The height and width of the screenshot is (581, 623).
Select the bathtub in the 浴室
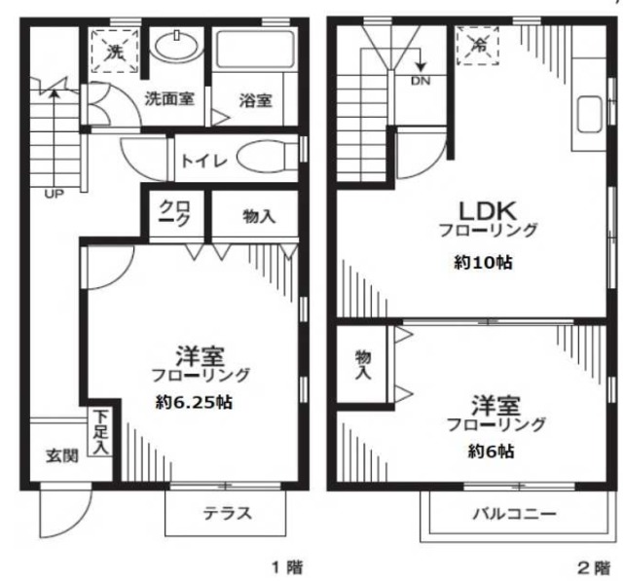coord(255,49)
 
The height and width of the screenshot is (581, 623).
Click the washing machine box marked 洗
coord(115,52)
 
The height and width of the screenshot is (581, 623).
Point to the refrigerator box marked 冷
coord(478,46)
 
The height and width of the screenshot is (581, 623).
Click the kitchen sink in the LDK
coord(589,114)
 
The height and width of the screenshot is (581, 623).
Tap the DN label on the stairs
coord(421,81)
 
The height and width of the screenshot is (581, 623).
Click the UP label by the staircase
coord(55,195)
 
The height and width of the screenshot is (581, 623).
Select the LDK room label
coord(488,211)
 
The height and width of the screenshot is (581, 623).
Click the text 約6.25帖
coord(194,403)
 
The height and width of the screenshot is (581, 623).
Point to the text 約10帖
coord(483,263)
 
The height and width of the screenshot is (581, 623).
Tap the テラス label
coord(228,514)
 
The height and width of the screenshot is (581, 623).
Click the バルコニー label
coord(514,514)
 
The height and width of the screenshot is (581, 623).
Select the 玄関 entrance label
coord(62,455)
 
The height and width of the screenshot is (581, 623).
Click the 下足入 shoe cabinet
coord(99,433)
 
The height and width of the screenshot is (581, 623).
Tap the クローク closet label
coord(175,213)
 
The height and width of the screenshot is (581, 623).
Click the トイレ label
coord(204,161)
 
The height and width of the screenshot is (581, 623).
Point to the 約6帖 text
coord(491,452)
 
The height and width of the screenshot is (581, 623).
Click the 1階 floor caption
coord(287,567)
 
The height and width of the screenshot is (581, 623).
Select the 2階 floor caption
coord(594,568)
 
